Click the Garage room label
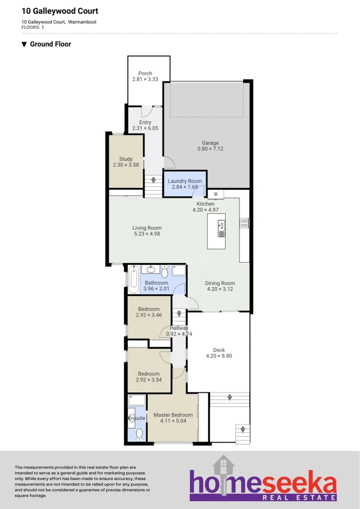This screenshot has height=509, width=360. click(210, 143)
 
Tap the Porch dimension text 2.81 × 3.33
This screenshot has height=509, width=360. click(145, 79)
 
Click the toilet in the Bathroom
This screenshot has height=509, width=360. click(164, 271)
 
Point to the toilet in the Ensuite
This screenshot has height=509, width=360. click(139, 434)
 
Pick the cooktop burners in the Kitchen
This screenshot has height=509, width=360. click(244, 223)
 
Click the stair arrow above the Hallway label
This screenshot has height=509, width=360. click(179, 315)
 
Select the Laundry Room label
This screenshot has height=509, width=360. click(185, 181)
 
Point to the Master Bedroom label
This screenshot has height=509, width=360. click(173, 415)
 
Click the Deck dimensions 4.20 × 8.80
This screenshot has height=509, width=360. click(219, 356)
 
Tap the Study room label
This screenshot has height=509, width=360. click(126, 159)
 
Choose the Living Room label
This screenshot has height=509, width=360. click(147, 228)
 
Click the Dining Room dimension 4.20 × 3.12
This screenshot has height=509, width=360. click(220, 289)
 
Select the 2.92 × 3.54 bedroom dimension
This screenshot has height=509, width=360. click(149, 380)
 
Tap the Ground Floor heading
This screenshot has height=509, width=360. click(50, 44)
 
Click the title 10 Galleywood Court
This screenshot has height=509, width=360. click(60, 11)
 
